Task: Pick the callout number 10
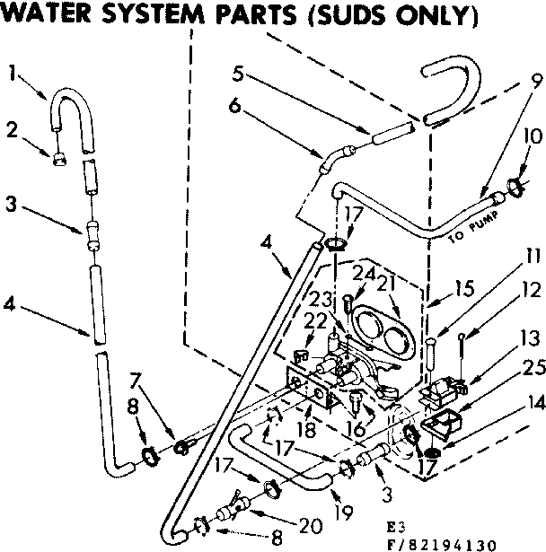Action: click(x=530, y=136)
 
